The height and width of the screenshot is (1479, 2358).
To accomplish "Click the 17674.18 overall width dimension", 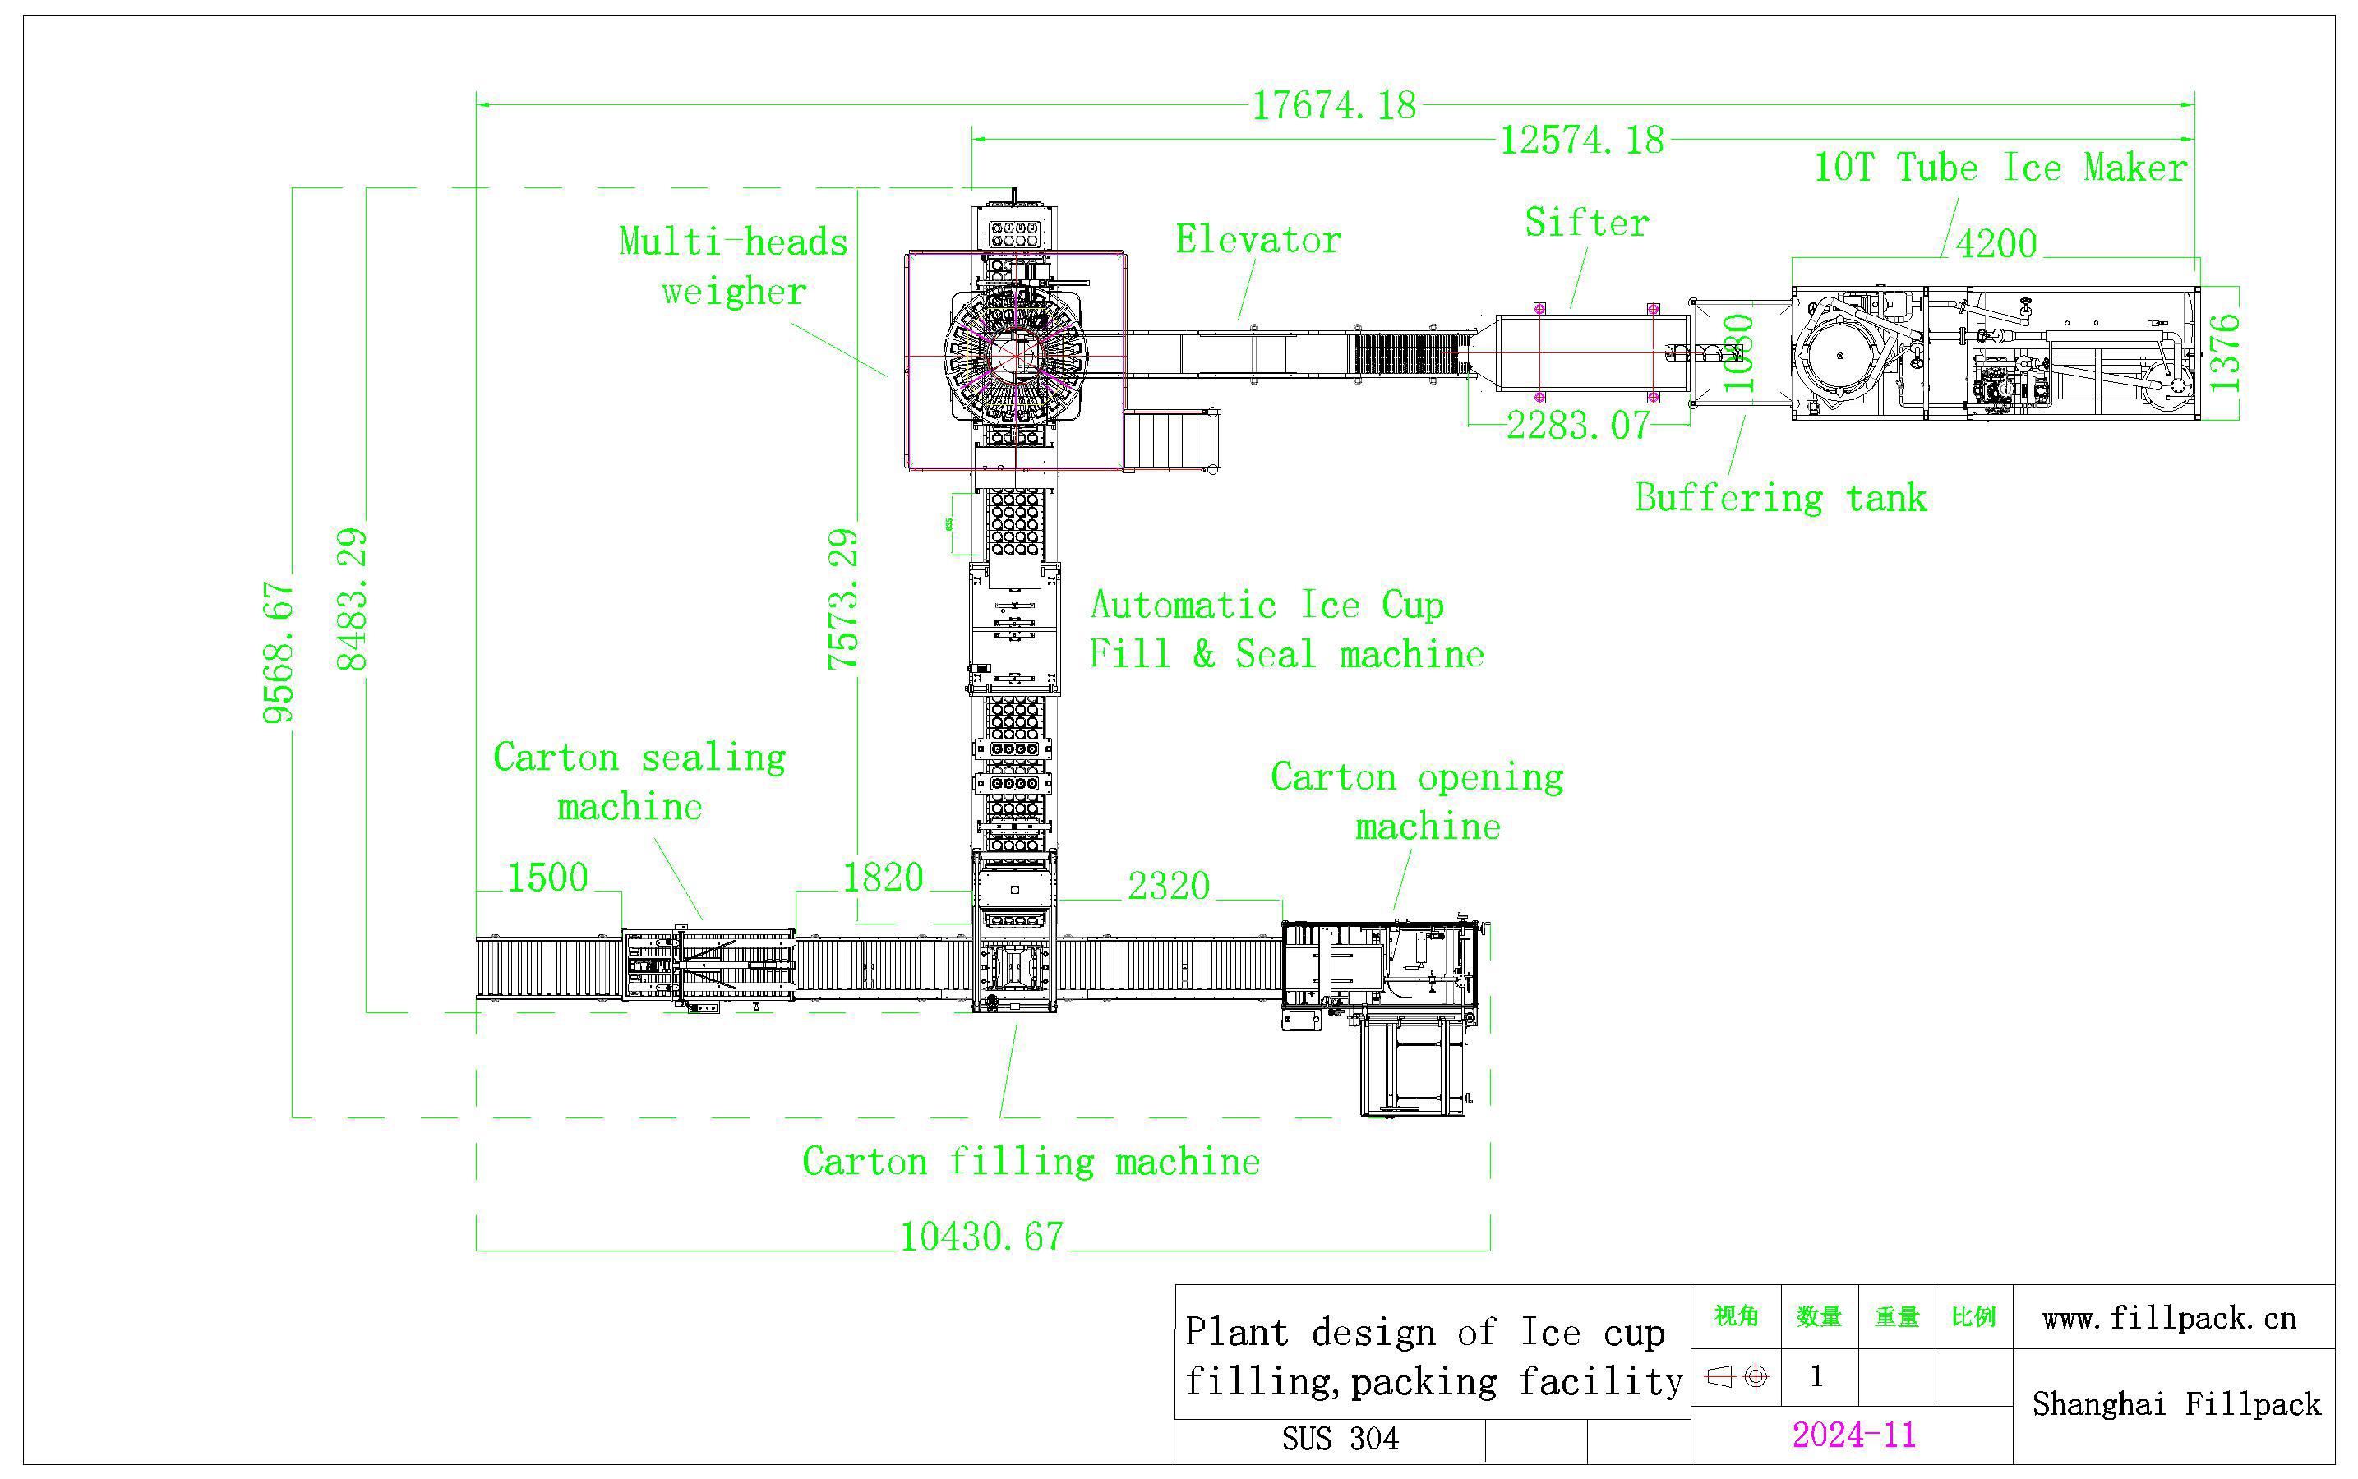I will (1334, 104).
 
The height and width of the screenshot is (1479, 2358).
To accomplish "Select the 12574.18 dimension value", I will (1581, 140).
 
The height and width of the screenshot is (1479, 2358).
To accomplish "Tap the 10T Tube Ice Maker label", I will (2000, 168).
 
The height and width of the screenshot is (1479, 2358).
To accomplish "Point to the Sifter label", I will (1586, 223).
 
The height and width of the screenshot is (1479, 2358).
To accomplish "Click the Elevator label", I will (1257, 240).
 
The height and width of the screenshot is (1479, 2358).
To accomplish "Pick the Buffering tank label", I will (1779, 498).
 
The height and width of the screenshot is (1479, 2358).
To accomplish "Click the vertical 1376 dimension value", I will (2224, 352).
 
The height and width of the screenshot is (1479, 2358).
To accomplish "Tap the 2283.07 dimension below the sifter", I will (1576, 426).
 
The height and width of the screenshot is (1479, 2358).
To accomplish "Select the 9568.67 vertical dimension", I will (278, 652).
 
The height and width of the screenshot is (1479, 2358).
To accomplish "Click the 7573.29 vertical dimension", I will (842, 599).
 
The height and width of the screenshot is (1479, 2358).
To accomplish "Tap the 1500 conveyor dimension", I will (547, 878).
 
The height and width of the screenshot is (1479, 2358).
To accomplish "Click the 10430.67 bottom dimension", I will (981, 1237).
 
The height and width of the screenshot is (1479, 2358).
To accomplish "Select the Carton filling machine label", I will (1031, 1162).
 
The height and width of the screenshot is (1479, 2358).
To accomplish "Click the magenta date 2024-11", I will (1853, 1435).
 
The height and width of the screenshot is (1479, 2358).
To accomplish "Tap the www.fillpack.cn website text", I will (2168, 1319).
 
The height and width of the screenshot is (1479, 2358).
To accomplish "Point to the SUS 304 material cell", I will (1340, 1439).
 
